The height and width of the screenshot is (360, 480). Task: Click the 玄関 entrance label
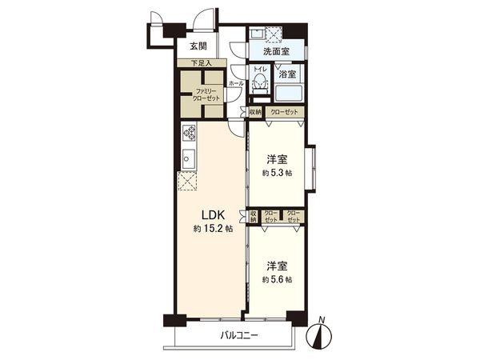(198, 46)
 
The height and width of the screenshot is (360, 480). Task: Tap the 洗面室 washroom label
(278, 52)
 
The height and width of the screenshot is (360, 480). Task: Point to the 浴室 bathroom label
(286, 74)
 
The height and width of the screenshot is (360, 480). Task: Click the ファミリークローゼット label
(198, 94)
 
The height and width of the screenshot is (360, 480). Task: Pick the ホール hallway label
(236, 82)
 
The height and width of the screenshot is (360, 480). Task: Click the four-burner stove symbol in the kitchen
(190, 132)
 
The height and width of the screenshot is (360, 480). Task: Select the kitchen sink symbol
(189, 158)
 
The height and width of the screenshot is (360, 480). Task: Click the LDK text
(211, 214)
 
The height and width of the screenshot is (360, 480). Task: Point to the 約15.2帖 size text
(211, 229)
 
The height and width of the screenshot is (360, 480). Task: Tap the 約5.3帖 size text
(278, 172)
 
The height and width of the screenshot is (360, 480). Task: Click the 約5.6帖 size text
(278, 279)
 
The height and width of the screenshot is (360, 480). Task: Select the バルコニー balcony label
(239, 336)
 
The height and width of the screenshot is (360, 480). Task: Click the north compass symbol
(322, 331)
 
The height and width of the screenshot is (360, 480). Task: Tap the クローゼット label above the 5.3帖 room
(284, 112)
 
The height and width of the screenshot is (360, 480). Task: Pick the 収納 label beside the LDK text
(254, 216)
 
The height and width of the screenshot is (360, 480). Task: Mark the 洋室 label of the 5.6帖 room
(278, 266)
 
